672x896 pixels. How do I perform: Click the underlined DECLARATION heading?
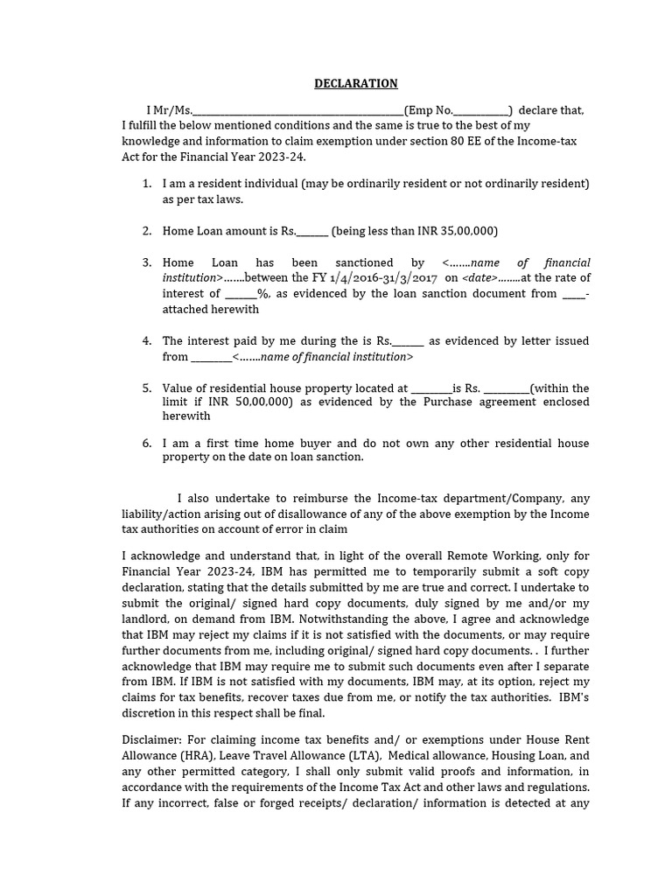[356, 83]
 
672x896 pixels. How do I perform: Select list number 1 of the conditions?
[146, 184]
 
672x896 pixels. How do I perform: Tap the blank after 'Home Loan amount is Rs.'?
[312, 232]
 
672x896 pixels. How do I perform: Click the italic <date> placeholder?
[481, 277]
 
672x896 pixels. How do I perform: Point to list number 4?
[146, 340]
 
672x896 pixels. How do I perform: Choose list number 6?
[146, 443]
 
